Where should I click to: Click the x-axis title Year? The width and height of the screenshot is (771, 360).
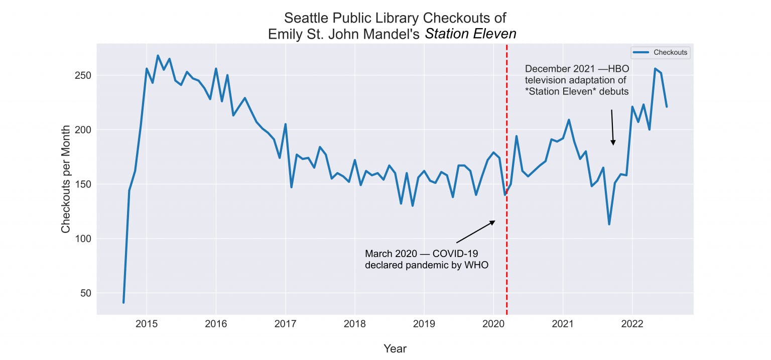395,348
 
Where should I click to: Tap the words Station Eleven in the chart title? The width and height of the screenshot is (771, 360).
470,34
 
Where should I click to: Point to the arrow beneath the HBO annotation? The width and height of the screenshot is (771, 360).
612,128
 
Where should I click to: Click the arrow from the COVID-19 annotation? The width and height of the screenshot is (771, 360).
475,232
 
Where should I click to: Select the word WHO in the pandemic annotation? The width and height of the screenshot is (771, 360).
476,265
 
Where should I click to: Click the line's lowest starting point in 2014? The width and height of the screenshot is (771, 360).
123,302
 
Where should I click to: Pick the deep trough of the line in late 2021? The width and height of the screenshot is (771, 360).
609,224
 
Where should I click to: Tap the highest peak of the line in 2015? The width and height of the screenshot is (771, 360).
158,56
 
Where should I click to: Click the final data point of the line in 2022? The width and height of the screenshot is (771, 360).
667,106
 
